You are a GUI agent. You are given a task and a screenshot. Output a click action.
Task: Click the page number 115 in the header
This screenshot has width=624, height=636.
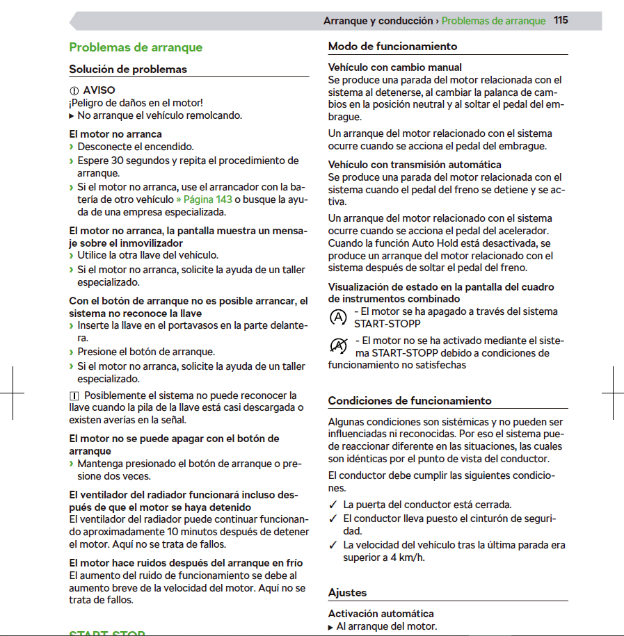click(561, 20)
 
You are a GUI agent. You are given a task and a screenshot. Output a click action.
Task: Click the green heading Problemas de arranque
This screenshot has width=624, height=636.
click(136, 47)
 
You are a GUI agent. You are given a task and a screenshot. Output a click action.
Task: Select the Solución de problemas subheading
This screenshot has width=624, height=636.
click(128, 70)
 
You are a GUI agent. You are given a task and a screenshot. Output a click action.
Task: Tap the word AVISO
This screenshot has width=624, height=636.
click(99, 90)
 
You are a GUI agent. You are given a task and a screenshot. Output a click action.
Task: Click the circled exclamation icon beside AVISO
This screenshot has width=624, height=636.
click(74, 91)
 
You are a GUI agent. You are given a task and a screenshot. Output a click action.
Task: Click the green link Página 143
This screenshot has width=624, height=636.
click(207, 199)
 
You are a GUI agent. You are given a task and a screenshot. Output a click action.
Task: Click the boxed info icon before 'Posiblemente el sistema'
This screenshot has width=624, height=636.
click(74, 396)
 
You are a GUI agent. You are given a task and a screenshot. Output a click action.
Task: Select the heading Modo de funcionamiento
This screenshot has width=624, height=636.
click(392, 47)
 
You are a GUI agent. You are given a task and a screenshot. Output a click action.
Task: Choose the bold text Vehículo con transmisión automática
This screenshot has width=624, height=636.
click(414, 165)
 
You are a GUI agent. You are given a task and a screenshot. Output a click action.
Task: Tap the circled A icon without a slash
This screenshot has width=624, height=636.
click(338, 318)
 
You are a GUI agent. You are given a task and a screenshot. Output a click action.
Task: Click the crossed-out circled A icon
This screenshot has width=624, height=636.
click(338, 345)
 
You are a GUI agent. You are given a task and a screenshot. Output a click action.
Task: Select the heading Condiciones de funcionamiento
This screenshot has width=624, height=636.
click(410, 401)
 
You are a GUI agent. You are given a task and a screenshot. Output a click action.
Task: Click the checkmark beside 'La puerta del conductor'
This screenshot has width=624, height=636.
click(333, 505)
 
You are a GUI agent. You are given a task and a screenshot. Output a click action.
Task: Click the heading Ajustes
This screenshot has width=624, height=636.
click(347, 593)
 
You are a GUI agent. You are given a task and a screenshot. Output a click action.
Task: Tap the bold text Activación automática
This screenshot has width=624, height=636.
click(381, 614)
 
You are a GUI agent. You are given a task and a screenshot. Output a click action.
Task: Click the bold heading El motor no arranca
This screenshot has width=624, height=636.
click(115, 133)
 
